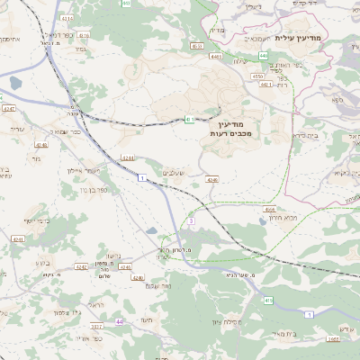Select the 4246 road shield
(x=211, y=180)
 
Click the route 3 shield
(x=192, y=220)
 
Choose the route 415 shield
(x=268, y=301)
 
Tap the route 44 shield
(x=119, y=321)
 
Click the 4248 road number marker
(x=40, y=144)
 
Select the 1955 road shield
(x=333, y=339)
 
